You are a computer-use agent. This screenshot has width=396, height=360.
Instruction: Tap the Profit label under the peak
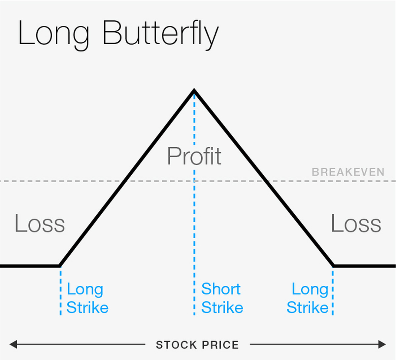coord(194,156)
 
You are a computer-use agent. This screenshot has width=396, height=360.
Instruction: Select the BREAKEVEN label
coord(348,172)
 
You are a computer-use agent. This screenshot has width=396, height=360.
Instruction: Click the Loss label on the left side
coord(40,224)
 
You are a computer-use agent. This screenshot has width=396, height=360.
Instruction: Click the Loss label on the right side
coord(356,224)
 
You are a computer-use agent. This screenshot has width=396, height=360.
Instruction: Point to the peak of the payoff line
coord(194,90)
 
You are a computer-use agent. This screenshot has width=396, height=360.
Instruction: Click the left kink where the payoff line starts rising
coord(60,265)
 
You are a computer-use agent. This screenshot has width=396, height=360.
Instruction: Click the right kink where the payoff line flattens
coord(333,265)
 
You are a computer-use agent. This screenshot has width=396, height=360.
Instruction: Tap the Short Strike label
coord(222,298)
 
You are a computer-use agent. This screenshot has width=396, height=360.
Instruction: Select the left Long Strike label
coord(87,298)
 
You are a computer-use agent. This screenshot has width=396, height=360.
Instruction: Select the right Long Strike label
coord(308,298)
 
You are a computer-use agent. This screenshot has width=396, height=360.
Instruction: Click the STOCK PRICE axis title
coord(197,345)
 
